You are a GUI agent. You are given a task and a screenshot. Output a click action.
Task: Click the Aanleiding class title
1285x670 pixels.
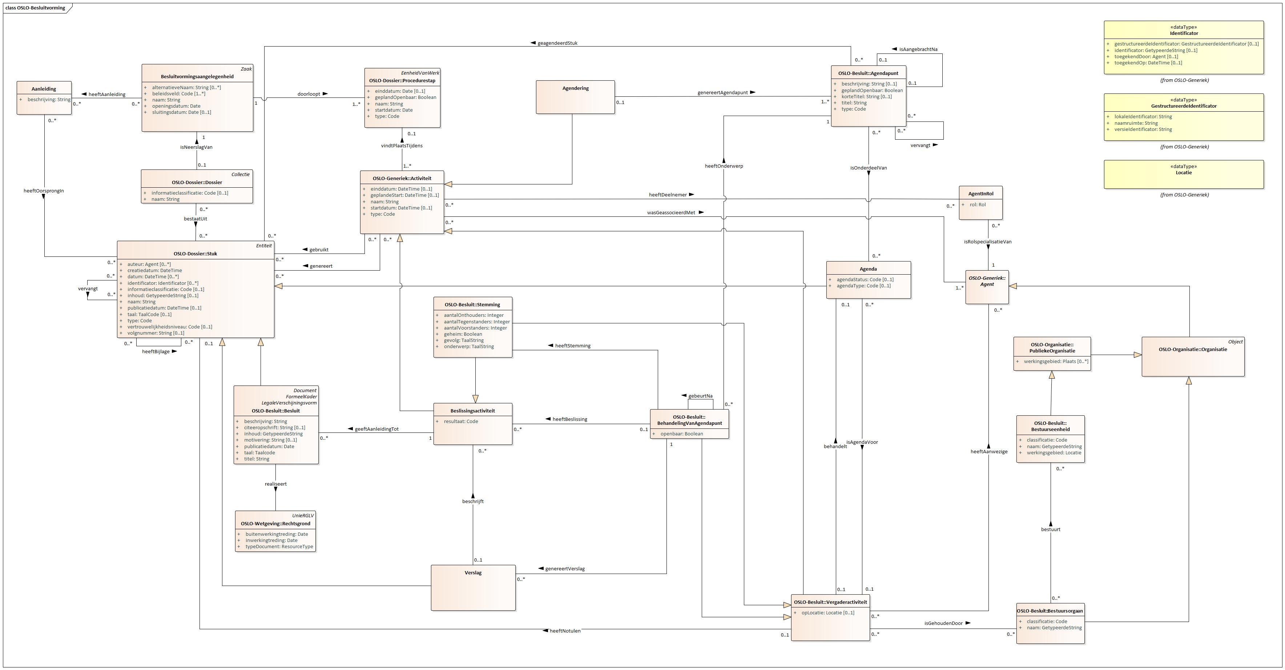click(x=44, y=89)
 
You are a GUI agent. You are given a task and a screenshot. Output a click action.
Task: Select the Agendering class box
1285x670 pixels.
click(x=575, y=97)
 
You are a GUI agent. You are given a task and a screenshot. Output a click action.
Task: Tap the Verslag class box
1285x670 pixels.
click(x=473, y=588)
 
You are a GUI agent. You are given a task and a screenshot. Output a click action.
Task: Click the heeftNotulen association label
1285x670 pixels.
click(x=565, y=631)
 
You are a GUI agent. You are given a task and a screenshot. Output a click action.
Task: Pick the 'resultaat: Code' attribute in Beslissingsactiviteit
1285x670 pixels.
click(x=458, y=421)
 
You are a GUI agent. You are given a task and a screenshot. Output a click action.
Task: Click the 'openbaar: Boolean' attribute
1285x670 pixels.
click(x=681, y=434)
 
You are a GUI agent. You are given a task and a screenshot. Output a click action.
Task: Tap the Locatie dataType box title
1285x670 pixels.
click(x=1183, y=173)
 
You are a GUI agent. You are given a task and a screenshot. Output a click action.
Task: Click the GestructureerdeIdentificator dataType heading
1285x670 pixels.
click(x=1183, y=106)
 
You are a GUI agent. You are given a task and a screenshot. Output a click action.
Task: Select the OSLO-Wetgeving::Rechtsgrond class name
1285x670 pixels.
click(x=275, y=524)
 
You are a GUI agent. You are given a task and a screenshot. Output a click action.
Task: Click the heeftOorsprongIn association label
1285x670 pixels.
click(x=44, y=191)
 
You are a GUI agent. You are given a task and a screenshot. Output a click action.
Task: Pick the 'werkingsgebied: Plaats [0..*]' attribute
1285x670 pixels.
click(x=1056, y=362)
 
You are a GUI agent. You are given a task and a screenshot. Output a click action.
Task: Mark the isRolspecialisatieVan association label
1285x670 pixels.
click(x=987, y=242)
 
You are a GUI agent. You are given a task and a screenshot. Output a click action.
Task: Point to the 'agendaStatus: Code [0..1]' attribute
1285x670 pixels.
click(x=865, y=280)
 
